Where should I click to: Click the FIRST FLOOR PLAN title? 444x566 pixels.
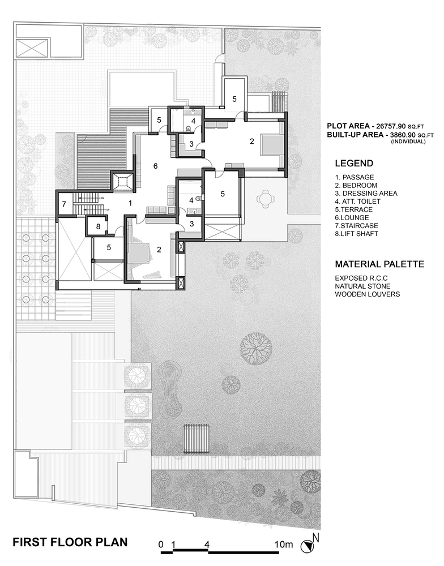pyautogui.click(x=70, y=541)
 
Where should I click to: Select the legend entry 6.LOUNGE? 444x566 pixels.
pyautogui.click(x=352, y=217)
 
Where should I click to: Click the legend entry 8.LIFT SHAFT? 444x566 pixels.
pyautogui.click(x=357, y=233)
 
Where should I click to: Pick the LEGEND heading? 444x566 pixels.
pyautogui.click(x=354, y=164)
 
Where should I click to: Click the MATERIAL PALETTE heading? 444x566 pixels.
pyautogui.click(x=379, y=264)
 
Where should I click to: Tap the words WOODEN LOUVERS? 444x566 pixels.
pyautogui.click(x=368, y=294)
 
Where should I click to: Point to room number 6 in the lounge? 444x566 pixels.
pyautogui.click(x=155, y=166)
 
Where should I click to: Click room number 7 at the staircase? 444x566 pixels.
pyautogui.click(x=64, y=204)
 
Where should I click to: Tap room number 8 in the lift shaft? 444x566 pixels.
pyautogui.click(x=98, y=226)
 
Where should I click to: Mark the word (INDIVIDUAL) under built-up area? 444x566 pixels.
pyautogui.click(x=407, y=141)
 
